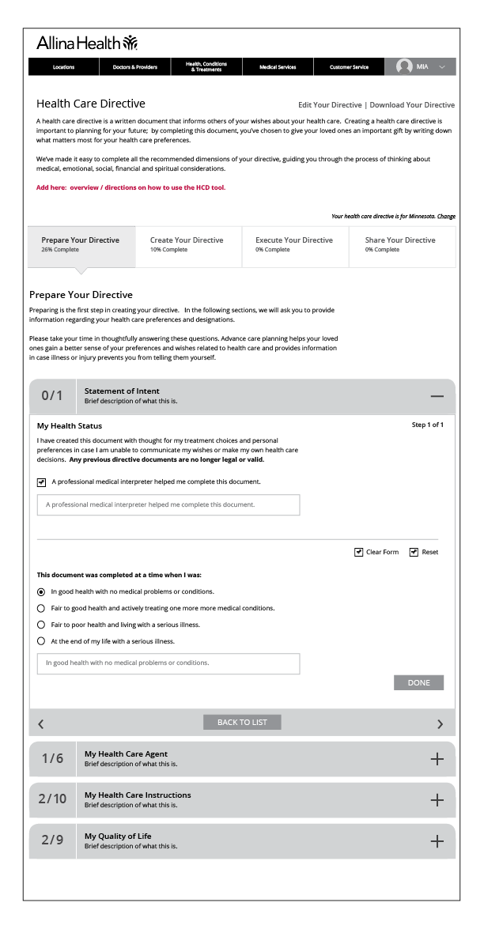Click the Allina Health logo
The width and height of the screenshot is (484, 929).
point(88,44)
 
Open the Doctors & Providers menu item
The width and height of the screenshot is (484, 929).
point(130,67)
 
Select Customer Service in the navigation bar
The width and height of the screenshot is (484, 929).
point(349,67)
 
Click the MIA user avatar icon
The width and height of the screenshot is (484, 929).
point(405,67)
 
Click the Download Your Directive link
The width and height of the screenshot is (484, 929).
point(412,105)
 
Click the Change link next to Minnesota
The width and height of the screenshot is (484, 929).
point(446,216)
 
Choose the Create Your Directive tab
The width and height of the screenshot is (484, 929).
point(187,244)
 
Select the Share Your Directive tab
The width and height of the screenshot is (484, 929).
point(400,244)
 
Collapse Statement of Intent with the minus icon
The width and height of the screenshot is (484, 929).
point(437,396)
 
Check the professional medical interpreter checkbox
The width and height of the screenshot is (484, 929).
point(41,481)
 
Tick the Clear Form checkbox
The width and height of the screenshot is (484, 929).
point(359,552)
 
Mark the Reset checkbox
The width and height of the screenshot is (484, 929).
point(414,552)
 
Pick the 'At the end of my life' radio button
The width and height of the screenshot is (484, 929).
point(41,641)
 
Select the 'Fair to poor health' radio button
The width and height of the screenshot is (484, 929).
point(41,625)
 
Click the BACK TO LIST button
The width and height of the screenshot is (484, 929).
point(242,722)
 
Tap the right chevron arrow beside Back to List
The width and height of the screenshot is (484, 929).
point(440,723)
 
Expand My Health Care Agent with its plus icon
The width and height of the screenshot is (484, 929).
point(437,758)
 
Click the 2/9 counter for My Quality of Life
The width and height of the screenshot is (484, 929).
point(52,840)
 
